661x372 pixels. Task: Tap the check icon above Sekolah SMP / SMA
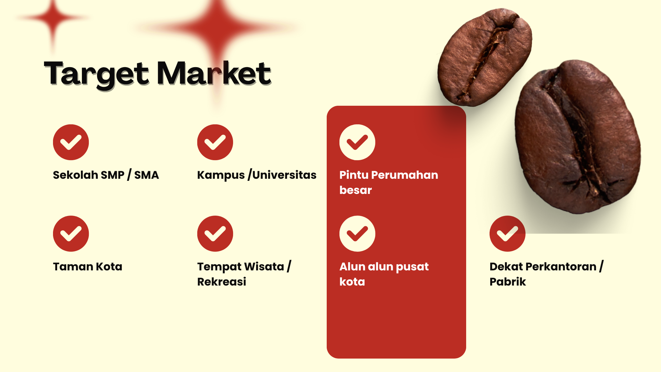[x=71, y=142]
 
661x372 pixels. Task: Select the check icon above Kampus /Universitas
[x=215, y=142]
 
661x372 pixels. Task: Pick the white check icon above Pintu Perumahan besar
[x=357, y=142]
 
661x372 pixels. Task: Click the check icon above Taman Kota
[x=71, y=234]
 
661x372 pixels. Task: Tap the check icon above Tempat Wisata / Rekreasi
[x=215, y=234]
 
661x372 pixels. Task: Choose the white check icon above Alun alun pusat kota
[x=357, y=234]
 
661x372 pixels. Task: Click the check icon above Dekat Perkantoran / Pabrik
[x=507, y=234]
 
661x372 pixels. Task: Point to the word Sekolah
[x=75, y=175]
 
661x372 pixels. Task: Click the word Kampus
[x=221, y=175]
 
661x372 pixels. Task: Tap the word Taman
[x=73, y=267]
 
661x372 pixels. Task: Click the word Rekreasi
[x=222, y=282]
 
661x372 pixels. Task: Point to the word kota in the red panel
[x=352, y=282]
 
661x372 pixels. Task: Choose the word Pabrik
[x=508, y=282]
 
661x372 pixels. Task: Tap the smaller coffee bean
[x=485, y=57]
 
